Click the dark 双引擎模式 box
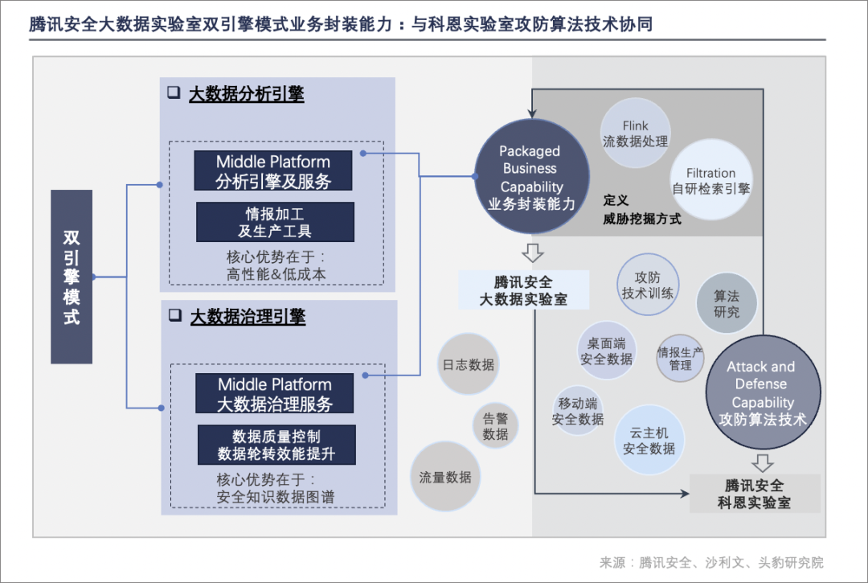click(72, 277)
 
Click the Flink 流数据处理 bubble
click(635, 133)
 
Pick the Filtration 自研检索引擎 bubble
click(710, 181)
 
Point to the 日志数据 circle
click(468, 364)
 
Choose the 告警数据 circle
click(495, 426)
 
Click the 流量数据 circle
click(444, 477)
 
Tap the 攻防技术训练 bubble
click(647, 285)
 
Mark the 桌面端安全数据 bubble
click(607, 351)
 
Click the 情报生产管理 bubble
click(680, 358)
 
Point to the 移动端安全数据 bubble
click(578, 411)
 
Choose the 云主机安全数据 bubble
click(649, 440)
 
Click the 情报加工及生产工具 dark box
click(275, 222)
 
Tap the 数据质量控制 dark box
click(276, 445)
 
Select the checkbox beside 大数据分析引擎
click(174, 92)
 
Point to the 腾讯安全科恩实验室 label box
click(754, 494)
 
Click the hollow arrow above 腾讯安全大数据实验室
click(532, 254)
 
